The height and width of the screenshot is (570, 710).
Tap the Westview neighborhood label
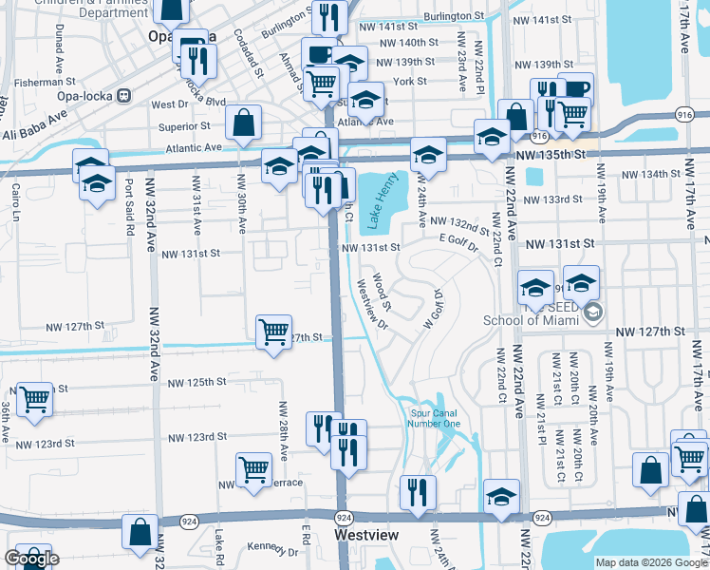pos(367,536)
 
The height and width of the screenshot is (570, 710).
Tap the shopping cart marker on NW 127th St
pos(273,332)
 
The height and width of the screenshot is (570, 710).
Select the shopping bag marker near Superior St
pos(244,122)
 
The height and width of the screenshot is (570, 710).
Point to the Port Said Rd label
pos(128,202)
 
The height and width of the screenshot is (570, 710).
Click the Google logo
pos(31,559)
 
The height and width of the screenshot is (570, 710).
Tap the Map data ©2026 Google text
pos(651,562)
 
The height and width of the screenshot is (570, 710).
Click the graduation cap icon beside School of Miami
pos(593,311)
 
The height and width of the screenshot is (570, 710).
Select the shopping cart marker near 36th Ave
pos(34,399)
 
